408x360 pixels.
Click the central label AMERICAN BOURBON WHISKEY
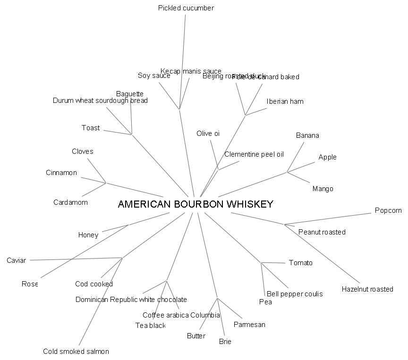click(195, 204)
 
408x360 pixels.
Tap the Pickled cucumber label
click(186, 8)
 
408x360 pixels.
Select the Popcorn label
click(388, 210)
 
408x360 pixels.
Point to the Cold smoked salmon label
click(76, 352)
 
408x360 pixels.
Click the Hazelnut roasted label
click(367, 289)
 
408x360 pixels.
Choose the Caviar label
click(16, 260)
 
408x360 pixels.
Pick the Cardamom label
click(70, 202)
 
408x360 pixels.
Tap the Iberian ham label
click(285, 101)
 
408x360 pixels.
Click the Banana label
click(307, 135)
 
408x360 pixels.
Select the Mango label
click(323, 189)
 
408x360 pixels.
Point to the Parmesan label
click(249, 325)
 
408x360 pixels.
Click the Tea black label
click(150, 326)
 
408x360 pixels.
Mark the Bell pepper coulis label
click(295, 294)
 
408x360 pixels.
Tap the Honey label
click(88, 235)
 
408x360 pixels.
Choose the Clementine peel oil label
click(254, 154)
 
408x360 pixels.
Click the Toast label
click(91, 128)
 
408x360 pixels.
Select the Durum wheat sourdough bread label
click(100, 100)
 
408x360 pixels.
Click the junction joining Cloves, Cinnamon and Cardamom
click(106, 183)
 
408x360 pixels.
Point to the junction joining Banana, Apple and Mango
click(287, 172)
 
